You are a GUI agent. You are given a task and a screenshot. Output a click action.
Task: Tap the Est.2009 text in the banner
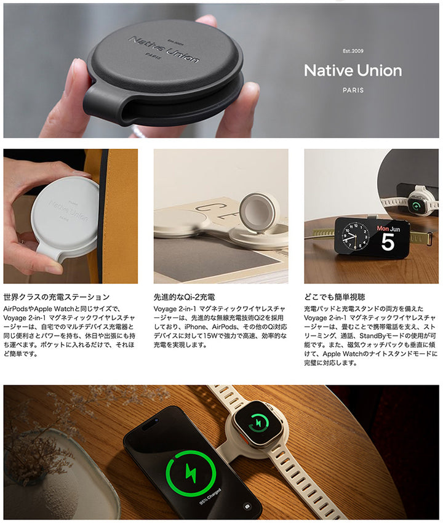pyautogui.click(x=353, y=52)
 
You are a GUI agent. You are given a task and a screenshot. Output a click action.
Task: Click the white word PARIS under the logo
pyautogui.click(x=353, y=90)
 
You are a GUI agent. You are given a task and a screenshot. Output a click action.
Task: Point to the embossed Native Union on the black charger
pyautogui.click(x=164, y=49)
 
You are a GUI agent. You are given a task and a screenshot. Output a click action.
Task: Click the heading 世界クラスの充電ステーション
pyautogui.click(x=57, y=297)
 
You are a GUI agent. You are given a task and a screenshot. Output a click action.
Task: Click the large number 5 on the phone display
pyautogui.click(x=387, y=242)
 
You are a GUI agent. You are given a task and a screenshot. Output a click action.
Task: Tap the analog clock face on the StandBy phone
pyautogui.click(x=355, y=236)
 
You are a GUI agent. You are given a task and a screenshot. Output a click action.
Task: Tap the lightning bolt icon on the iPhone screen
pyautogui.click(x=187, y=472)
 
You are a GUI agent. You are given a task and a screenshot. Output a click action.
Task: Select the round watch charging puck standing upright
pyautogui.click(x=261, y=212)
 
